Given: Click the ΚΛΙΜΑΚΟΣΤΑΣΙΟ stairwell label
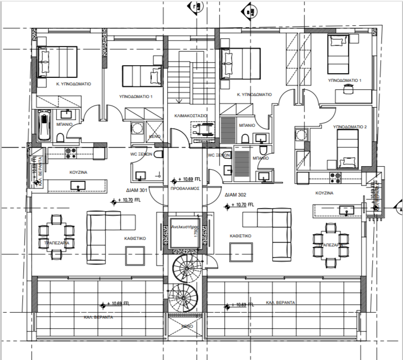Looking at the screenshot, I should point(190,115).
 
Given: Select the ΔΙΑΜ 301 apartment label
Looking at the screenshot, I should point(136,191).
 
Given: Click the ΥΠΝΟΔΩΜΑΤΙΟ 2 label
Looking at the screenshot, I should point(350,128).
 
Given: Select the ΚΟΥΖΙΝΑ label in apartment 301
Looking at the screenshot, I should point(79,172).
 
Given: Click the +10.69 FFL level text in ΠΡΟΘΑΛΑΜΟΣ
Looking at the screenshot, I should point(189,179).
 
